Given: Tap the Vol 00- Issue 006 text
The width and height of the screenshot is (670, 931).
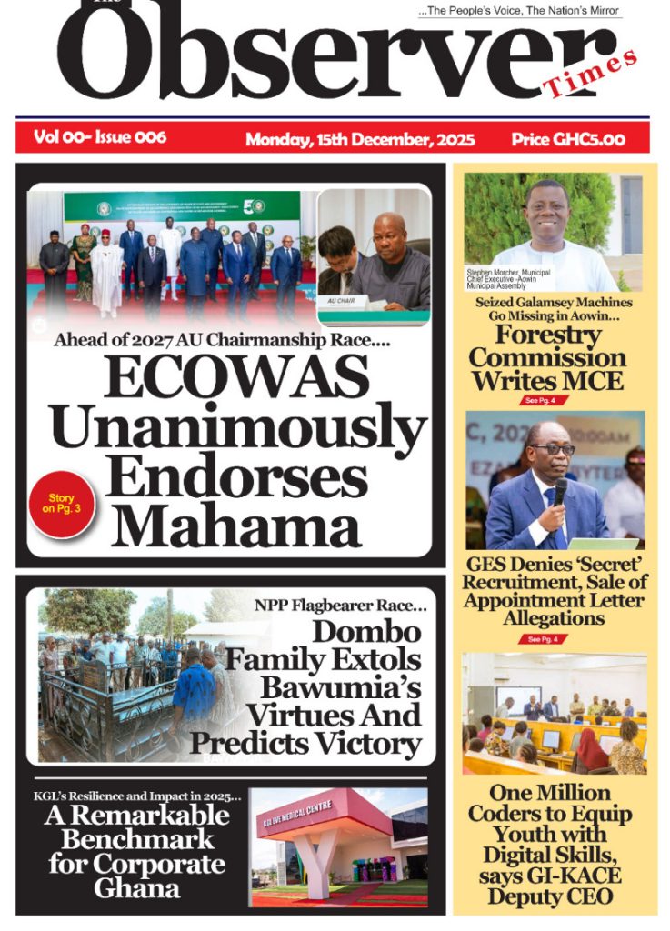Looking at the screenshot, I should point(100,137).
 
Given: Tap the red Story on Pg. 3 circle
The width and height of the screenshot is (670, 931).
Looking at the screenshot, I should point(61,504).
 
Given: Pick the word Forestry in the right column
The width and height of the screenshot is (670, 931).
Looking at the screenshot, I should point(548,335).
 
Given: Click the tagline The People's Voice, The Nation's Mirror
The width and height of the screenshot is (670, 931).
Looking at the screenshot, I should point(520,11).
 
